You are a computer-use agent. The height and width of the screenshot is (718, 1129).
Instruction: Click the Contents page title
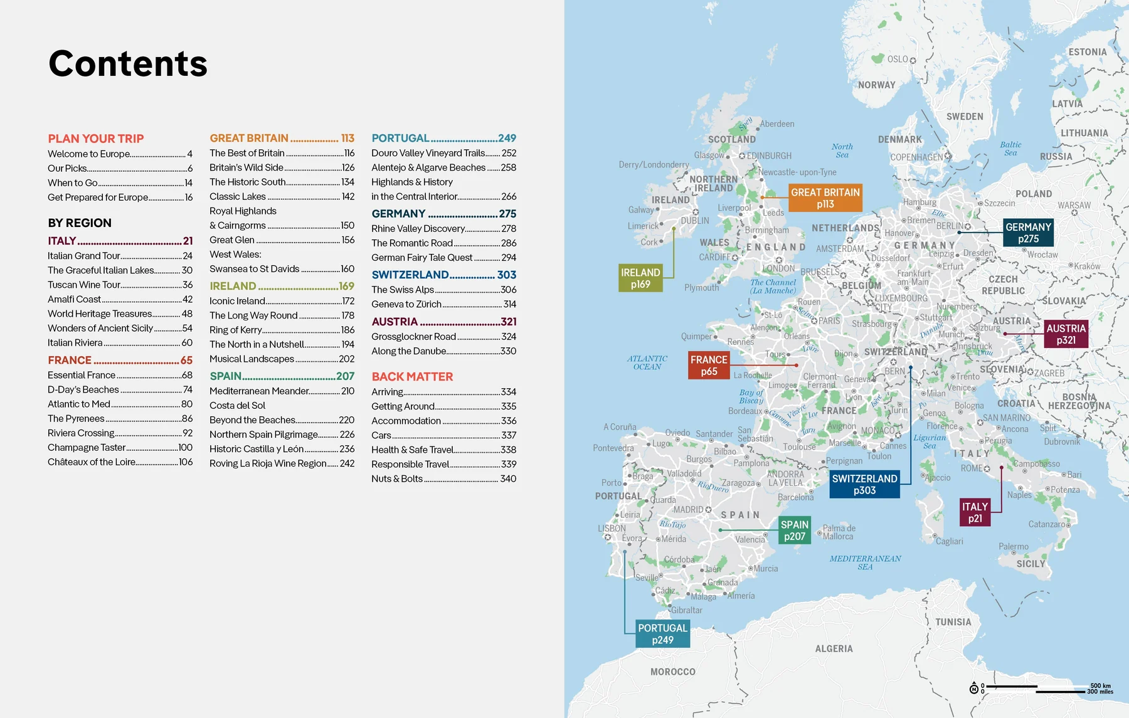[x=128, y=63]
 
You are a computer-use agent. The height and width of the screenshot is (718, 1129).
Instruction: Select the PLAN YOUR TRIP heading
[x=96, y=139]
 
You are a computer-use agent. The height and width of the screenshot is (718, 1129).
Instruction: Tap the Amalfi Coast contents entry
[x=75, y=299]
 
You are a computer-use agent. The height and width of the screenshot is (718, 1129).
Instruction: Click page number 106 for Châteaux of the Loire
[x=186, y=462]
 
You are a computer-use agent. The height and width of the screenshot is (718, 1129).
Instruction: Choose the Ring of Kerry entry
[x=236, y=330]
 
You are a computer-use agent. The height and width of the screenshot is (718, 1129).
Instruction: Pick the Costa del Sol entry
[x=238, y=405]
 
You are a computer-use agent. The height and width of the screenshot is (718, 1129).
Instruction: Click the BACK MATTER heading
[x=412, y=376]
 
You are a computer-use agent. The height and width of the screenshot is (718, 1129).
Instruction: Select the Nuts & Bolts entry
[x=397, y=478]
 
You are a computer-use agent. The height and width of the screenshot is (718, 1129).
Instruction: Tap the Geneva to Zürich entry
[x=406, y=304]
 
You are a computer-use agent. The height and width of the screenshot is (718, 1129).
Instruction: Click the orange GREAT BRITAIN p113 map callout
[x=825, y=198]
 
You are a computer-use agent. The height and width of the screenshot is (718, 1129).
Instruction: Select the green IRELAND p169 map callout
[x=640, y=278]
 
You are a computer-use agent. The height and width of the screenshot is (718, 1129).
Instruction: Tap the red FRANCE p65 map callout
[x=709, y=366]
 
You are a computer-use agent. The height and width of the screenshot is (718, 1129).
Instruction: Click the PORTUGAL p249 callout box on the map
[x=662, y=634]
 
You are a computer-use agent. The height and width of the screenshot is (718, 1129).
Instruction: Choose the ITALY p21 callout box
[x=975, y=512]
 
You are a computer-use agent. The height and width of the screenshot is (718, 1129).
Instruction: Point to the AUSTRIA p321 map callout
[x=1066, y=334]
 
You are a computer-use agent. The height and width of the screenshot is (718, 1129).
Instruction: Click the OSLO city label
[x=898, y=60]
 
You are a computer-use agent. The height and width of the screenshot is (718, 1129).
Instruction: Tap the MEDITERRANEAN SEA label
[x=865, y=562]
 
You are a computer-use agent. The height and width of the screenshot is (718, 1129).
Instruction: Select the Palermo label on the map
[x=1014, y=547]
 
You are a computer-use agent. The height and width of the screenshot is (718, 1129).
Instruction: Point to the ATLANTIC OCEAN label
[x=647, y=362]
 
